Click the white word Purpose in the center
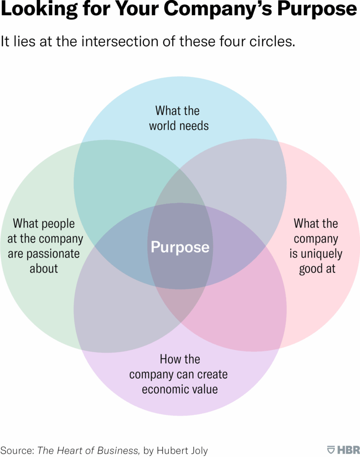(180, 247)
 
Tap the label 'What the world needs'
(179, 118)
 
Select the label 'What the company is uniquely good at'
(316, 246)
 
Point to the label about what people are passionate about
(44, 246)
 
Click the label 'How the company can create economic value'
(178, 374)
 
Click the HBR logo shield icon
(331, 449)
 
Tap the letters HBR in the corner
(348, 450)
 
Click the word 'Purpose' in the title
(317, 9)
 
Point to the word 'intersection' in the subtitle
(120, 41)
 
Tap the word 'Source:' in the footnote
(17, 450)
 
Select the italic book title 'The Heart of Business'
(87, 450)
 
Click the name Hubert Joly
(182, 451)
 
